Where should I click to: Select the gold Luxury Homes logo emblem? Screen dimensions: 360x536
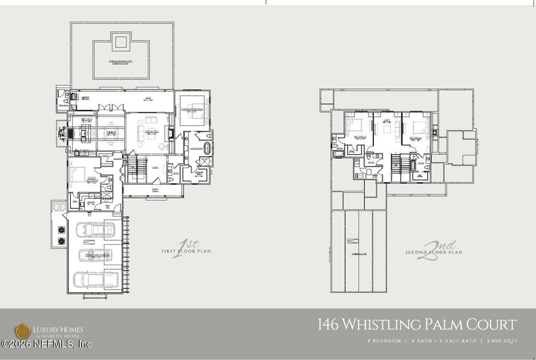[23, 331]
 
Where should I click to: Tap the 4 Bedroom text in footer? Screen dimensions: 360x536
[385, 341]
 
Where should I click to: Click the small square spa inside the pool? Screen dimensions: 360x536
[121, 41]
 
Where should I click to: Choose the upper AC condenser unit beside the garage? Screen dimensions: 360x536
[61, 229]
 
